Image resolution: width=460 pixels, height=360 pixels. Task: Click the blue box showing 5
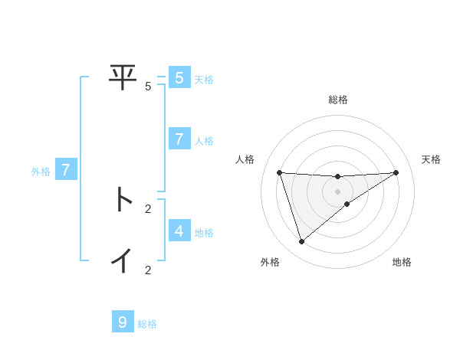[179, 78]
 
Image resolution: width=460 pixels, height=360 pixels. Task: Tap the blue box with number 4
[179, 231]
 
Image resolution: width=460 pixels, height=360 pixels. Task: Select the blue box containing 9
[122, 322]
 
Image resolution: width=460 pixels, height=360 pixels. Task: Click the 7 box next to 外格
[66, 170]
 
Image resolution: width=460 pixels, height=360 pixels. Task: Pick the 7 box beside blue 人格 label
[179, 139]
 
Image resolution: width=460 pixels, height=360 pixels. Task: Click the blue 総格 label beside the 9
[147, 324]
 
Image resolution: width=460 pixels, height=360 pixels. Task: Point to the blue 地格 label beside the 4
[204, 232]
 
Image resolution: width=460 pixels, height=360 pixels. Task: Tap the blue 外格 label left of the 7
[41, 172]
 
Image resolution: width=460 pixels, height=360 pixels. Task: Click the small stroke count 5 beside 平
[148, 87]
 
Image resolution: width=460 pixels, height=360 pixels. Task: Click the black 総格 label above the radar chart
[337, 100]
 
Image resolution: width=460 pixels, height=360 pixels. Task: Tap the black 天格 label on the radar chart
[431, 159]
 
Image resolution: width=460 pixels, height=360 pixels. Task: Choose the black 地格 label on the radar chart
[402, 262]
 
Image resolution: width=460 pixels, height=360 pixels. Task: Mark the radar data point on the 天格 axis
[396, 172]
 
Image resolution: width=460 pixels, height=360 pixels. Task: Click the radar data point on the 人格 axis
[279, 172]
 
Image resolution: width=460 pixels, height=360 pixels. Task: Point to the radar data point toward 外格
[301, 241]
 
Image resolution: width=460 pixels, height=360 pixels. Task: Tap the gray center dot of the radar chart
[337, 191]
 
